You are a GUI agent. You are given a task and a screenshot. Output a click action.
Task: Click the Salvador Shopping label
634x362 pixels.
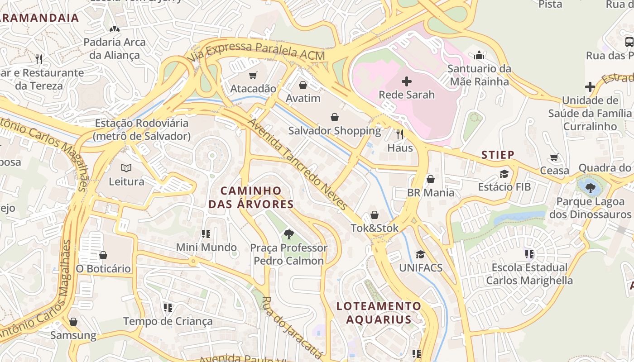[335, 131]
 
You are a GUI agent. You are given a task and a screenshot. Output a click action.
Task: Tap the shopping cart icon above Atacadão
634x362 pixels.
[253, 75]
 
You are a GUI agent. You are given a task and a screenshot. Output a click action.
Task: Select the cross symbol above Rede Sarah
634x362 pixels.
[407, 81]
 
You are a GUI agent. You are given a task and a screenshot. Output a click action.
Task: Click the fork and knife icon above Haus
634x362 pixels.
[400, 134]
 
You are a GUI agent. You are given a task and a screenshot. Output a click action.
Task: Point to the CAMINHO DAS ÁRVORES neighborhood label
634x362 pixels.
[251, 197]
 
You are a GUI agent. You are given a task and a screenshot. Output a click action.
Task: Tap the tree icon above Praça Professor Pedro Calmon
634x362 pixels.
[288, 234]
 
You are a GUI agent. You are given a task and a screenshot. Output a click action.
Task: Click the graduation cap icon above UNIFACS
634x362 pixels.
[420, 254]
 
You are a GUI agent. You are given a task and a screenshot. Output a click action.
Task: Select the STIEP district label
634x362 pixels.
[498, 155]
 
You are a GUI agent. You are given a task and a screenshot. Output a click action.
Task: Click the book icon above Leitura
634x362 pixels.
[126, 168]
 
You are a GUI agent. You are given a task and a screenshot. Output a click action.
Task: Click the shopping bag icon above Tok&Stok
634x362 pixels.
[375, 214]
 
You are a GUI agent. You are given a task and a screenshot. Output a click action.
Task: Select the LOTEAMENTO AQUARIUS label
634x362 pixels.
[379, 313]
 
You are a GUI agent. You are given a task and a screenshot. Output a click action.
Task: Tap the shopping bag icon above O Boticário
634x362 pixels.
[103, 255]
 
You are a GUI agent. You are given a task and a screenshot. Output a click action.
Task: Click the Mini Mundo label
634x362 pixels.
[206, 248]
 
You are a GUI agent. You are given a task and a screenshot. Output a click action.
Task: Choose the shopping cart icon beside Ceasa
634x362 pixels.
[554, 157]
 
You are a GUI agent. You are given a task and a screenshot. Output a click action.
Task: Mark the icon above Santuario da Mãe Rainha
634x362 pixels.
[479, 56]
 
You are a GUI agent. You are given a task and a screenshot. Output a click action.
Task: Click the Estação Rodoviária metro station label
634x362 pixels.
[141, 129]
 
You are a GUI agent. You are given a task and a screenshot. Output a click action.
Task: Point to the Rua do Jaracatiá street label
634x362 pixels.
[293, 328]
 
